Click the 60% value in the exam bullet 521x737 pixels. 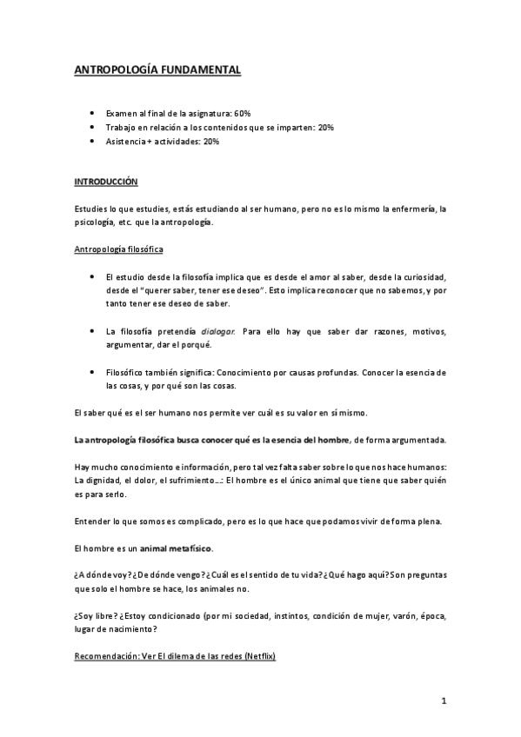pyautogui.click(x=242, y=114)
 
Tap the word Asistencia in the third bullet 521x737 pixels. pyautogui.click(x=124, y=142)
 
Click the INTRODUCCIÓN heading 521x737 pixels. pyautogui.click(x=106, y=183)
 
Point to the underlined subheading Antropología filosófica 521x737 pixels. pyautogui.click(x=119, y=249)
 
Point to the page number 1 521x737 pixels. pyautogui.click(x=444, y=701)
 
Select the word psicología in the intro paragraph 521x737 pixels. pyautogui.click(x=96, y=222)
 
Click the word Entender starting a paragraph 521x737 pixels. pyautogui.click(x=93, y=521)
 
